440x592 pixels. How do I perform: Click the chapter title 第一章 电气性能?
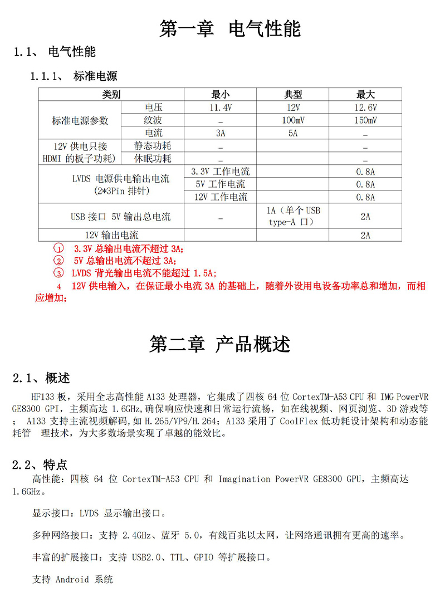coord(229,28)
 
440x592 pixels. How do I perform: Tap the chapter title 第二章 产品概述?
coord(220,344)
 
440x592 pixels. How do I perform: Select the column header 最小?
coord(220,95)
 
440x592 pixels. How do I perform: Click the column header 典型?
coord(293,95)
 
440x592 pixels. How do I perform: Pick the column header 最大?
coord(365,95)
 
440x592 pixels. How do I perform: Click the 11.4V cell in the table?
coord(220,107)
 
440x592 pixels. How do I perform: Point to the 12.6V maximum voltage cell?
coord(365,107)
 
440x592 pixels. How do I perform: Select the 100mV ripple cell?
coord(293,120)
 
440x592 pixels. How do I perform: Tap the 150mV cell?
coord(365,120)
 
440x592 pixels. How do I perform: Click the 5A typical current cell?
coord(293,133)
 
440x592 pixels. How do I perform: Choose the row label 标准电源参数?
coord(80,120)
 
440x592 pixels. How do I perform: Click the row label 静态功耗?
coord(153,146)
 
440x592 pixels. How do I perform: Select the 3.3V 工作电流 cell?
coord(220,172)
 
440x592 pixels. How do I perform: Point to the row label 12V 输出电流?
coord(111,235)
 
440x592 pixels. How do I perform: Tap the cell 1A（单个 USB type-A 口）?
coord(293,216)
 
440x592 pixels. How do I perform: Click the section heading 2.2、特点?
coord(40,464)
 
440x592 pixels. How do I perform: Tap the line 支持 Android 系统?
coord(72,579)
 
